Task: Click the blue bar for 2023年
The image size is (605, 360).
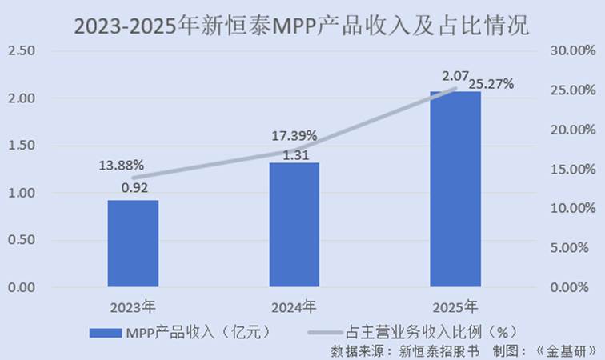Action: point(133,243)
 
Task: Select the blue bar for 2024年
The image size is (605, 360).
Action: point(294,224)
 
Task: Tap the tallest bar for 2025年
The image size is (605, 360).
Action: point(455,189)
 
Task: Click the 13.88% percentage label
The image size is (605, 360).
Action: point(122,166)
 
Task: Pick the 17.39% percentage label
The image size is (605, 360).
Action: point(294,135)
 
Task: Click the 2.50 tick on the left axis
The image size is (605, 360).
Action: point(22,50)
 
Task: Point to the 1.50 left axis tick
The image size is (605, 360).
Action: point(22,145)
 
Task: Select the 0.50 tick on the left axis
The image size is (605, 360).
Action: point(22,239)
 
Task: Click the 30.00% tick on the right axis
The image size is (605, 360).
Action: point(574,50)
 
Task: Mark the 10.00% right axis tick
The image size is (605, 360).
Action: point(574,208)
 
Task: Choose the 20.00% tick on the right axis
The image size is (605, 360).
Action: point(574,130)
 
